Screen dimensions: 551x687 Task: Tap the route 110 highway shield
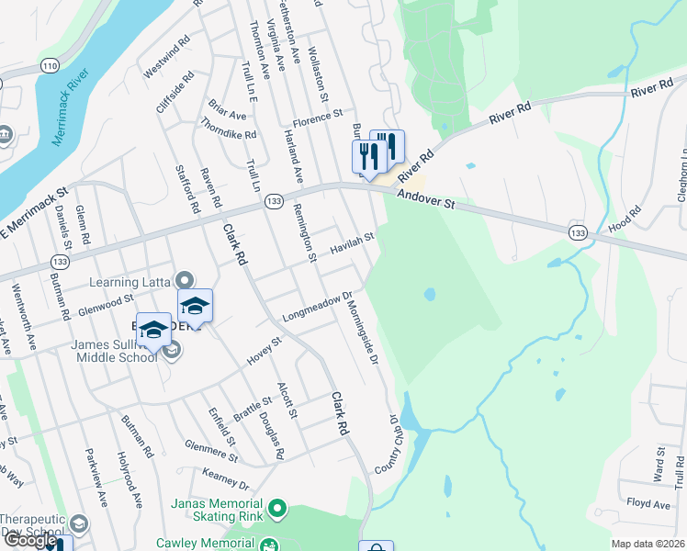(x=50, y=66)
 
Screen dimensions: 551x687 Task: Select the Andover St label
(x=426, y=198)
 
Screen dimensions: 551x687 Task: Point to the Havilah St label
(x=354, y=243)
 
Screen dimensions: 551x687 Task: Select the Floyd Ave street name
(x=648, y=504)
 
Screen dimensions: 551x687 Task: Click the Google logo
(x=29, y=540)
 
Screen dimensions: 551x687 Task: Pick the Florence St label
(x=317, y=121)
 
